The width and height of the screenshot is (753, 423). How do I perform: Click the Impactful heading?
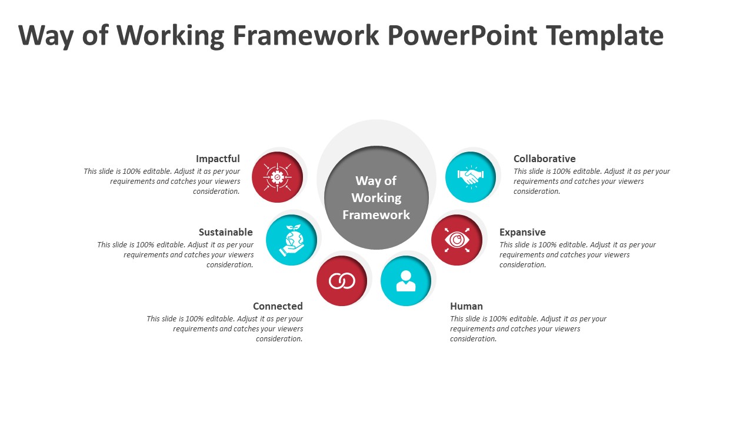click(x=218, y=159)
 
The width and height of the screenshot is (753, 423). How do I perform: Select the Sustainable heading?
click(x=225, y=232)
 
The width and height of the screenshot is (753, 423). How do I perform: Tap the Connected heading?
click(x=278, y=306)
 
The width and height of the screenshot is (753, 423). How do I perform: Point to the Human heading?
click(x=467, y=306)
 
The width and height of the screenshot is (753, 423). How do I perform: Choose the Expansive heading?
click(x=522, y=232)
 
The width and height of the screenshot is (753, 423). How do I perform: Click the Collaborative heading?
click(x=545, y=159)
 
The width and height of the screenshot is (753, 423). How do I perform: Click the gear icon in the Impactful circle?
click(x=277, y=177)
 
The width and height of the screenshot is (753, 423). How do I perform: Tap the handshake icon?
click(x=471, y=177)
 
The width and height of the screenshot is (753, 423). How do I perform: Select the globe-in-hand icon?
click(x=291, y=240)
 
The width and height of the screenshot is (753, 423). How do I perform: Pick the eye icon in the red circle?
click(x=457, y=240)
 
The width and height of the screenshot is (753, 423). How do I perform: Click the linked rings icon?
click(x=342, y=281)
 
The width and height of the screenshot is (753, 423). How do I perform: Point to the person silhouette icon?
click(x=406, y=281)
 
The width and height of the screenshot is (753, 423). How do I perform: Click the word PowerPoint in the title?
click(x=462, y=36)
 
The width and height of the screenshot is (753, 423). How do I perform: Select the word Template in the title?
click(x=605, y=36)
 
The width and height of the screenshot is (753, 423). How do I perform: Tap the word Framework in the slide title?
click(x=306, y=35)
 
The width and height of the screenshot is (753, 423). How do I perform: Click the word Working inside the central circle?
click(x=376, y=198)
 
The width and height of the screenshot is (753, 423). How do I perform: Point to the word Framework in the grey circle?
click(x=376, y=214)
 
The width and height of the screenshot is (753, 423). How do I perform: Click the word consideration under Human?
click(x=474, y=339)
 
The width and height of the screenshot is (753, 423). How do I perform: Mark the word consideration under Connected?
click(x=279, y=339)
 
